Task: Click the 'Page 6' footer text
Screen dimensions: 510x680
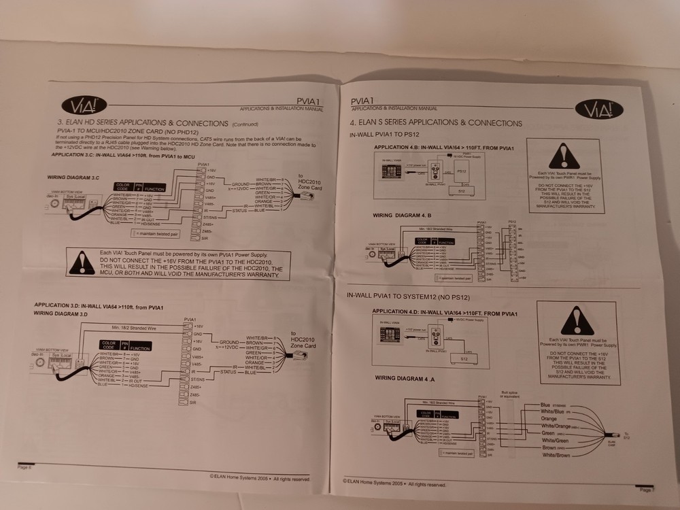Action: (24, 467)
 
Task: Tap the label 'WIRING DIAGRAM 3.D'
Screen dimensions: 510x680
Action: (61, 313)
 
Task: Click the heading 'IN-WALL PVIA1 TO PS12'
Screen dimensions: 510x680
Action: (384, 135)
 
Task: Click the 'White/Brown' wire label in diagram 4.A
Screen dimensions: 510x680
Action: (556, 454)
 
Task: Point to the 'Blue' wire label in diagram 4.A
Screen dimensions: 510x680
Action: (545, 405)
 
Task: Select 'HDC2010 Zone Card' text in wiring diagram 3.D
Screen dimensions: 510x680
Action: (303, 341)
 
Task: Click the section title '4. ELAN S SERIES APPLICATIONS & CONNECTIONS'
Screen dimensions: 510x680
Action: (436, 123)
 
